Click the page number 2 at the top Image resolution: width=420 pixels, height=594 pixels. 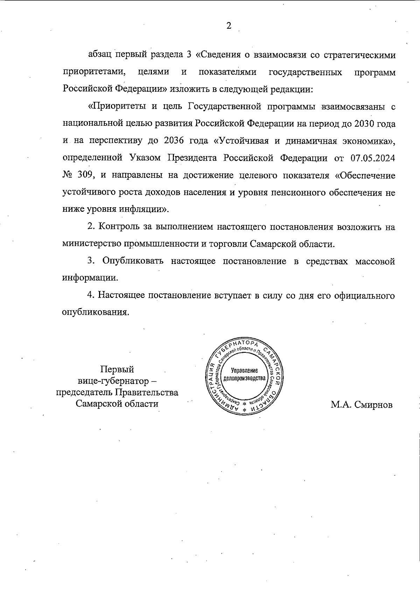(229, 26)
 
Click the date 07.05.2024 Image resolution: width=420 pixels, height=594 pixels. (373, 158)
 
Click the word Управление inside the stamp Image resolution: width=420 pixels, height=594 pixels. (245, 371)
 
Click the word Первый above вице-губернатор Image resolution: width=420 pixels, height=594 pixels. (117, 369)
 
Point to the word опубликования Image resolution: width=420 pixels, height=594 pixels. (93, 312)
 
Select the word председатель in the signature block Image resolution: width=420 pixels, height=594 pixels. (83, 392)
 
